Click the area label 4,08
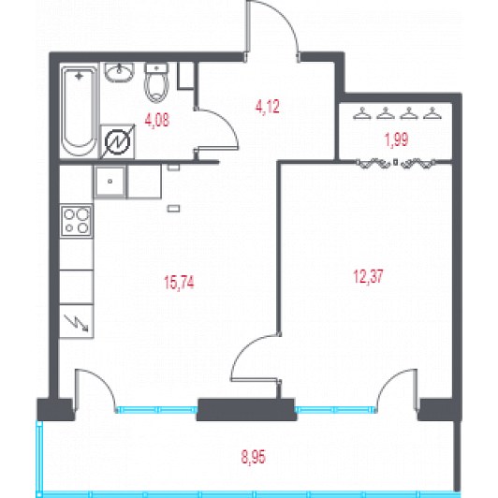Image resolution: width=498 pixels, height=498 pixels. (x=157, y=120)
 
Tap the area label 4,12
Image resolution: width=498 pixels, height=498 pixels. (x=268, y=107)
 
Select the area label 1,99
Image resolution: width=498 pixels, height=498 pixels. (x=397, y=140)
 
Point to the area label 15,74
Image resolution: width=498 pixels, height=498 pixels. (x=179, y=283)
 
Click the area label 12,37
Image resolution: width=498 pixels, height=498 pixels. (x=369, y=276)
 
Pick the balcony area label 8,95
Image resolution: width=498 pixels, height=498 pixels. (x=253, y=458)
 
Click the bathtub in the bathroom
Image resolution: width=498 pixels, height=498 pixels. (x=79, y=111)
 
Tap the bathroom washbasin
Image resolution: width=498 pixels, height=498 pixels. (x=119, y=72)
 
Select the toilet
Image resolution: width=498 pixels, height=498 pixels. (x=156, y=82)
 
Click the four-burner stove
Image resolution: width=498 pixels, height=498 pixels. (x=77, y=221)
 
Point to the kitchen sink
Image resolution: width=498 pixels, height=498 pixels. (x=110, y=182)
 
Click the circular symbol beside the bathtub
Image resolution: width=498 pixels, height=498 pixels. (x=118, y=142)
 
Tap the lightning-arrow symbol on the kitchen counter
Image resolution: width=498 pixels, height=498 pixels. (x=76, y=323)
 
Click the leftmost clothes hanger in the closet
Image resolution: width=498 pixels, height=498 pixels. (x=362, y=113)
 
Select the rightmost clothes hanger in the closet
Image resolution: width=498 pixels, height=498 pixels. (x=432, y=113)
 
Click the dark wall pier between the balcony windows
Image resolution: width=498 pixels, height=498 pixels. (x=246, y=409)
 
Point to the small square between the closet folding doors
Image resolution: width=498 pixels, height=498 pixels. (x=395, y=162)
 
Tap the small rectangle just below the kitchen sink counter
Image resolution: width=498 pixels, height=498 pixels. (x=174, y=209)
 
